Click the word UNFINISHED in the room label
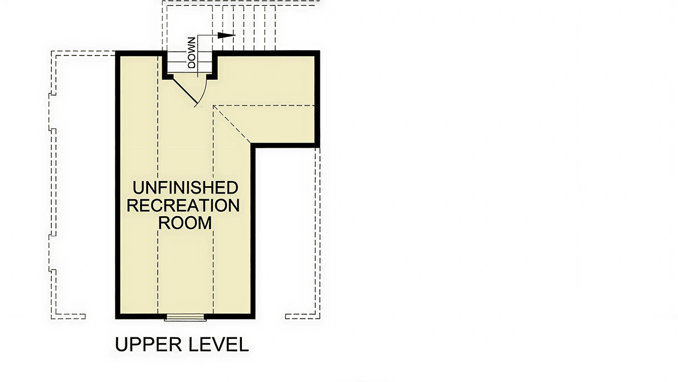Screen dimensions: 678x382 (185, 188)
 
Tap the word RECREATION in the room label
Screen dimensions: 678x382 (183, 205)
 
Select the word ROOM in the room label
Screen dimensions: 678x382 (185, 223)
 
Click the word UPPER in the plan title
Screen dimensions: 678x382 (148, 345)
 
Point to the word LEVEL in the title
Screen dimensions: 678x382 (219, 345)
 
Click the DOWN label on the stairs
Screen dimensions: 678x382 (192, 53)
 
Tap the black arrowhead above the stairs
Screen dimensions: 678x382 (227, 35)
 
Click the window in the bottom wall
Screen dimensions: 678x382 (185, 317)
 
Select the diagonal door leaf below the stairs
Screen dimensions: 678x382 (185, 91)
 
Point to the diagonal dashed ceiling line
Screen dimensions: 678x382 (232, 124)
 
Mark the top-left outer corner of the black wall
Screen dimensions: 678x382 (116, 51)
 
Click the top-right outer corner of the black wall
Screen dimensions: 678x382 (320, 51)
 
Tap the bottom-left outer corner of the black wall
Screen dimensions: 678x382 (116, 319)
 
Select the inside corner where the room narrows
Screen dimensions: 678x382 (251, 143)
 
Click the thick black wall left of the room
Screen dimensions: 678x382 (118, 185)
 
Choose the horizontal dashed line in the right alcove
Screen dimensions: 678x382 (264, 105)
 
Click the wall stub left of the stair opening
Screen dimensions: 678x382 (165, 65)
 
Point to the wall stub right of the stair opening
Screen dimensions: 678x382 (214, 65)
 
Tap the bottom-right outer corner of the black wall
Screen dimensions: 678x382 (255, 319)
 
